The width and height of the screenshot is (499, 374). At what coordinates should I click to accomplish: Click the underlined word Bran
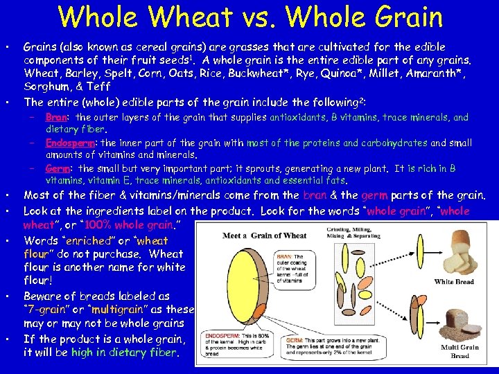pyautogui.click(x=56, y=118)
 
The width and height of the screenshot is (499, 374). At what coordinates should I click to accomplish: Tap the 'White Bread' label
pyautogui.click(x=453, y=282)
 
